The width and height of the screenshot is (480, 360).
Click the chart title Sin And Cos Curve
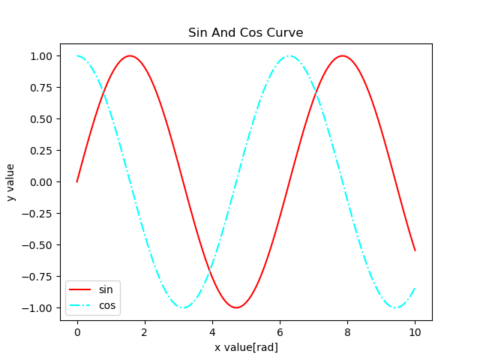pos(245,33)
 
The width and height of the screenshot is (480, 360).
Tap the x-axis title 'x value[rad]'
pos(246,347)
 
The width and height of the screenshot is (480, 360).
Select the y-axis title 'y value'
pos(11,182)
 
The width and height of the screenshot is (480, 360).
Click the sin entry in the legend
pos(106,289)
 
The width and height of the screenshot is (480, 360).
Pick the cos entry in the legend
pos(107,305)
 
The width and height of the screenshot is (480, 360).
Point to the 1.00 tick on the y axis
pos(40,56)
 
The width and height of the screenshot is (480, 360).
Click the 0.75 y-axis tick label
pos(40,88)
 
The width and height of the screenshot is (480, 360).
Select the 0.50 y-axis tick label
pos(40,119)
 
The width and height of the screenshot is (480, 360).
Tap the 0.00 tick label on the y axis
pos(40,182)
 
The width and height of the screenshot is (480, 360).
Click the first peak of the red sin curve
pos(130,55)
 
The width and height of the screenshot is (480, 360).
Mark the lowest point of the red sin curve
pos(236,307)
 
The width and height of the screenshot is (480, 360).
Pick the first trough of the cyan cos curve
pos(183,307)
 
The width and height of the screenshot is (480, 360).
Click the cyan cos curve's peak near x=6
pos(289,55)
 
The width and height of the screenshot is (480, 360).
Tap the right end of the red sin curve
pos(415,250)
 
